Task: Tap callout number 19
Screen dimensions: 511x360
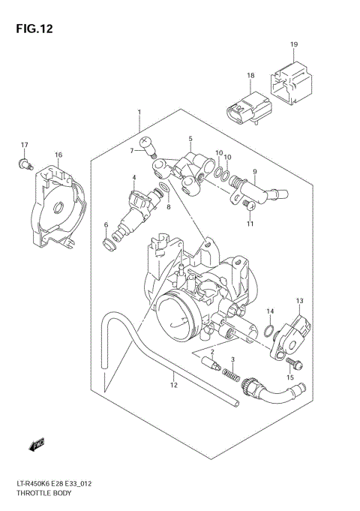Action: tap(294, 44)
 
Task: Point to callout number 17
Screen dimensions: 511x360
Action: tap(24, 145)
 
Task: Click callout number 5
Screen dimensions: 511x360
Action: tap(190, 139)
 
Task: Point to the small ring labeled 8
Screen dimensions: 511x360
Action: tap(163, 188)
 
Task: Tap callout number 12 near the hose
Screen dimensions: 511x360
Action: tap(173, 386)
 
